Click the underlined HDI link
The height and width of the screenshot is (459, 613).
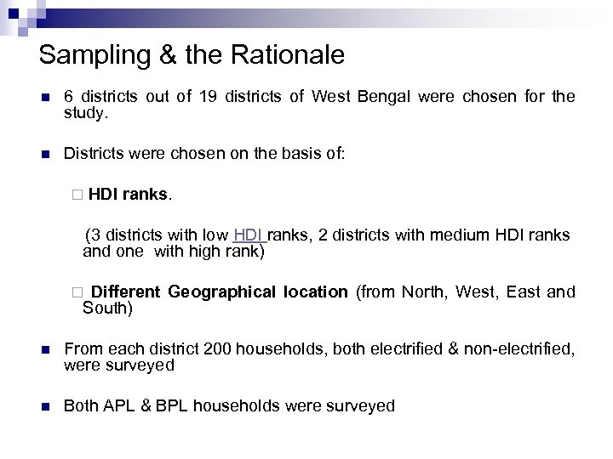248,235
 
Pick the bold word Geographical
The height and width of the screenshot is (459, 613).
221,292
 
